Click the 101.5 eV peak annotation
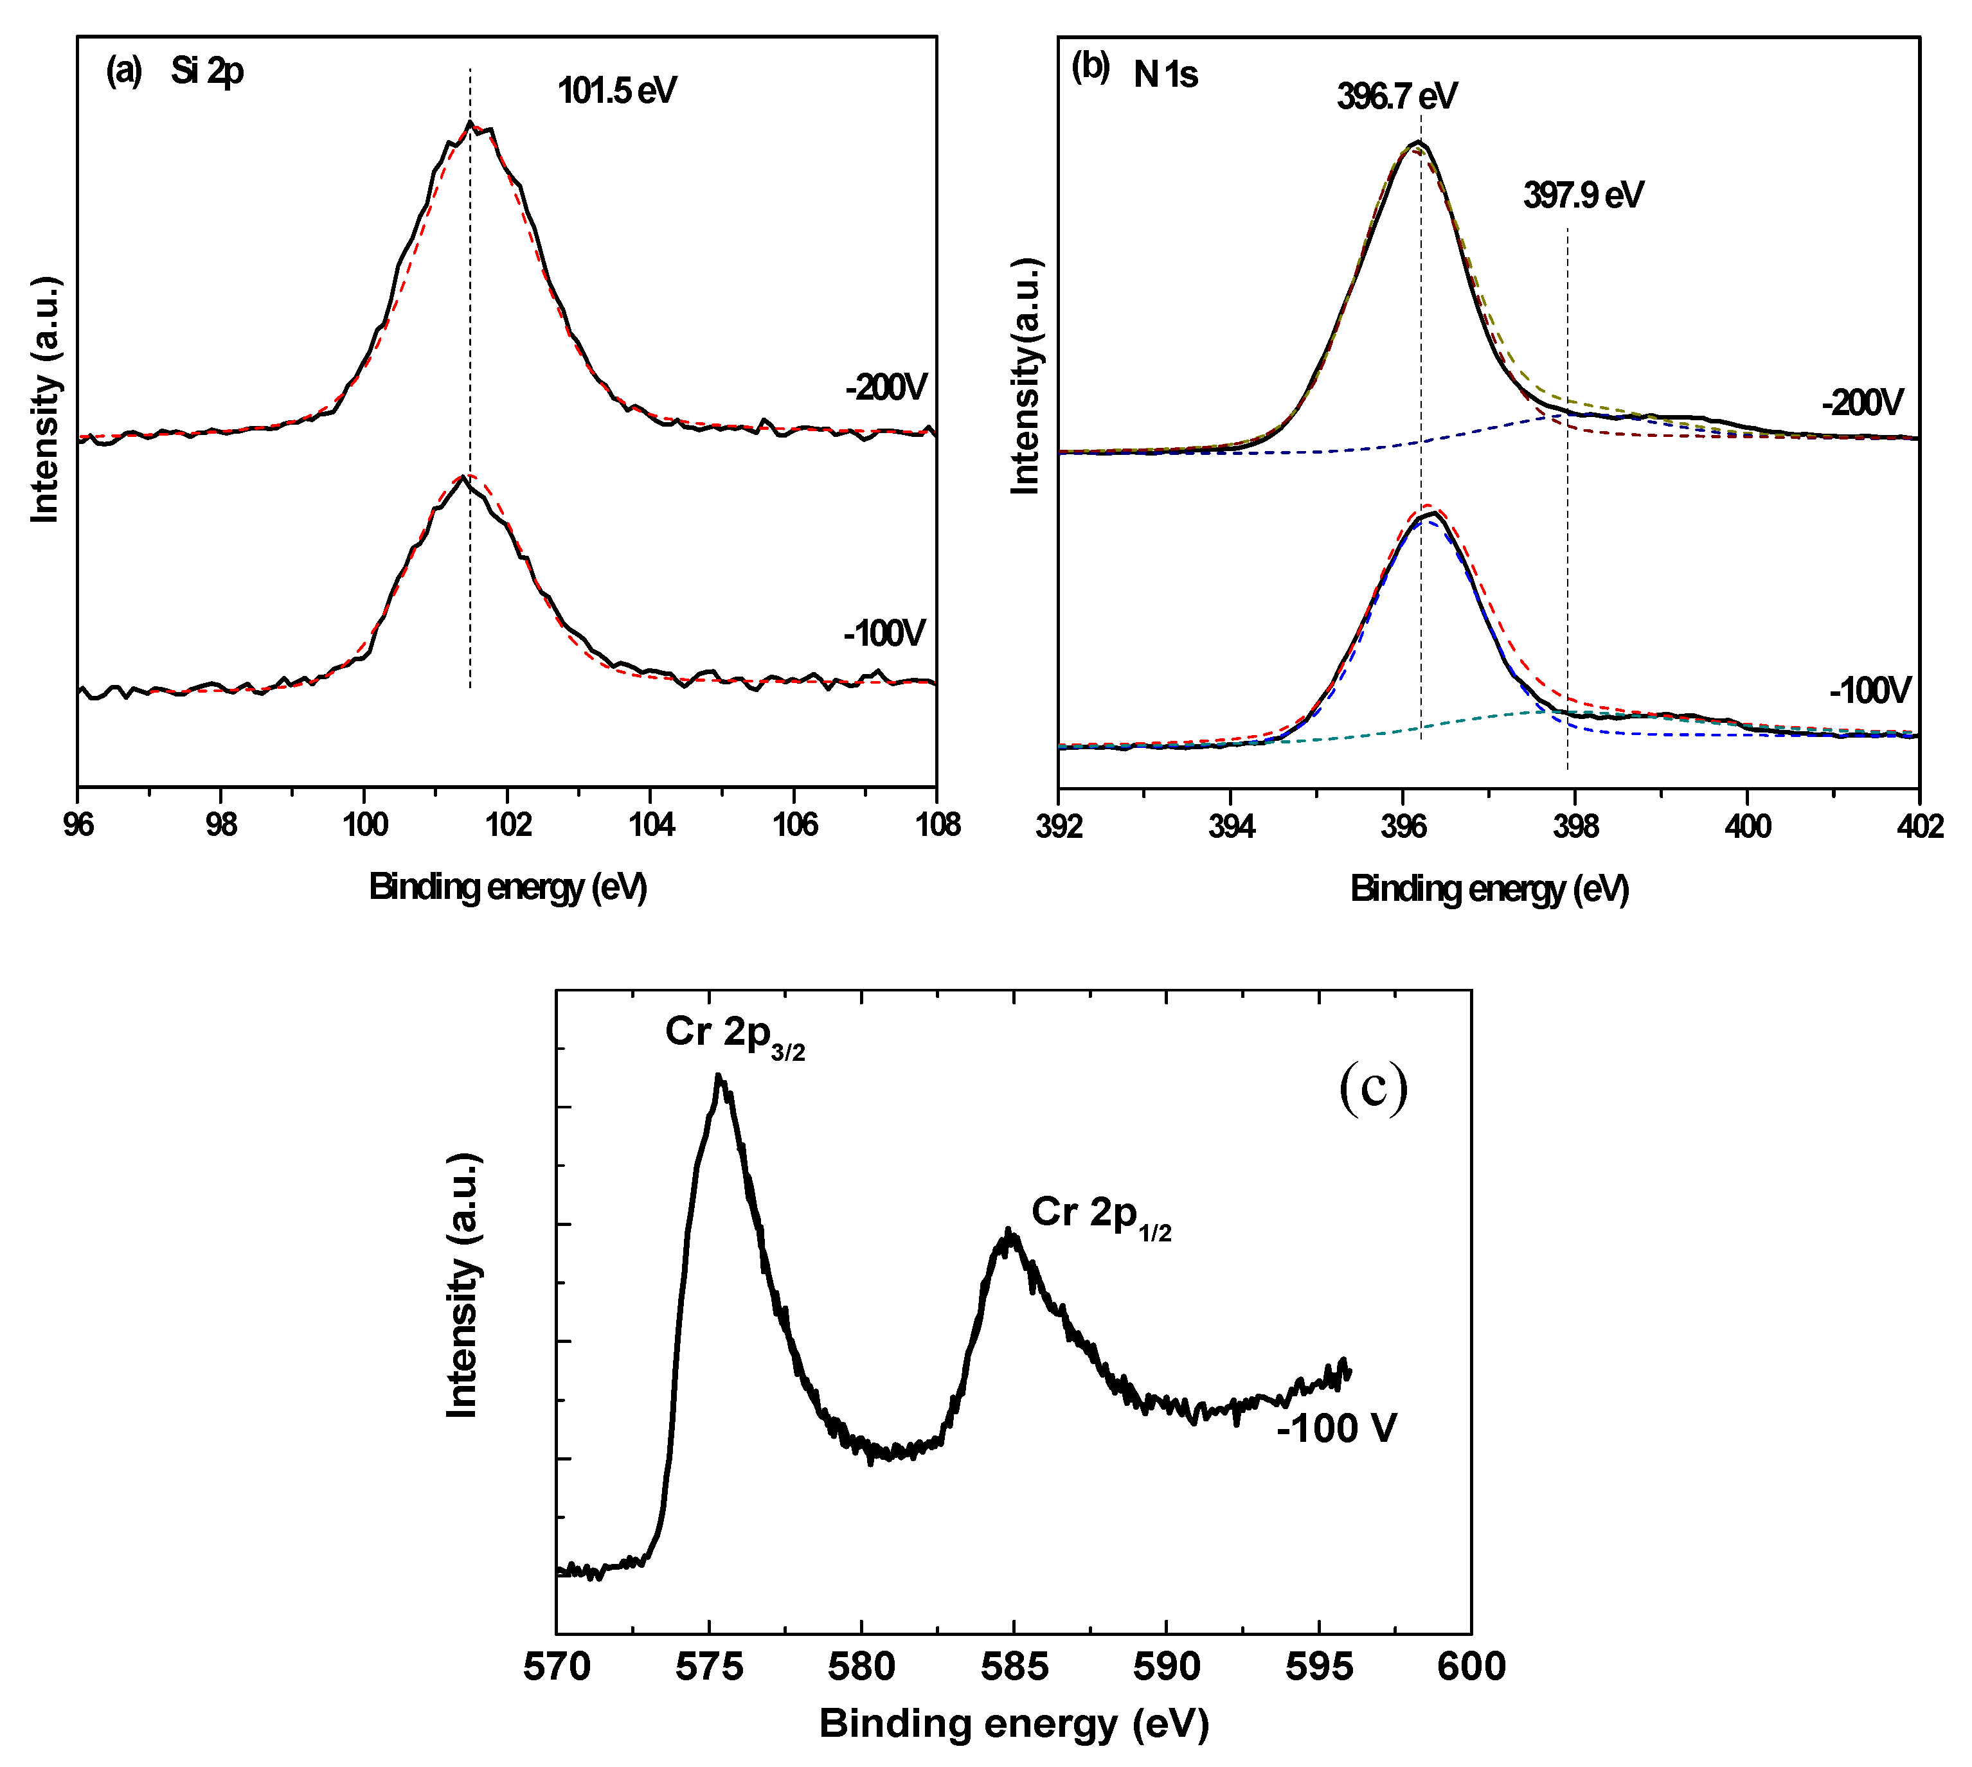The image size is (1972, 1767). tap(616, 91)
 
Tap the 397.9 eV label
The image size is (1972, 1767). tap(1582, 195)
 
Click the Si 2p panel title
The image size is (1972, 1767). tap(207, 71)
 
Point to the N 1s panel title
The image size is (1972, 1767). tap(1165, 75)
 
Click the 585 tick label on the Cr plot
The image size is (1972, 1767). tap(1014, 1667)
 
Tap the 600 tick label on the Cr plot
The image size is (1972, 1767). tap(1471, 1667)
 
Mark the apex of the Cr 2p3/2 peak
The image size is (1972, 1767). tap(719, 1075)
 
